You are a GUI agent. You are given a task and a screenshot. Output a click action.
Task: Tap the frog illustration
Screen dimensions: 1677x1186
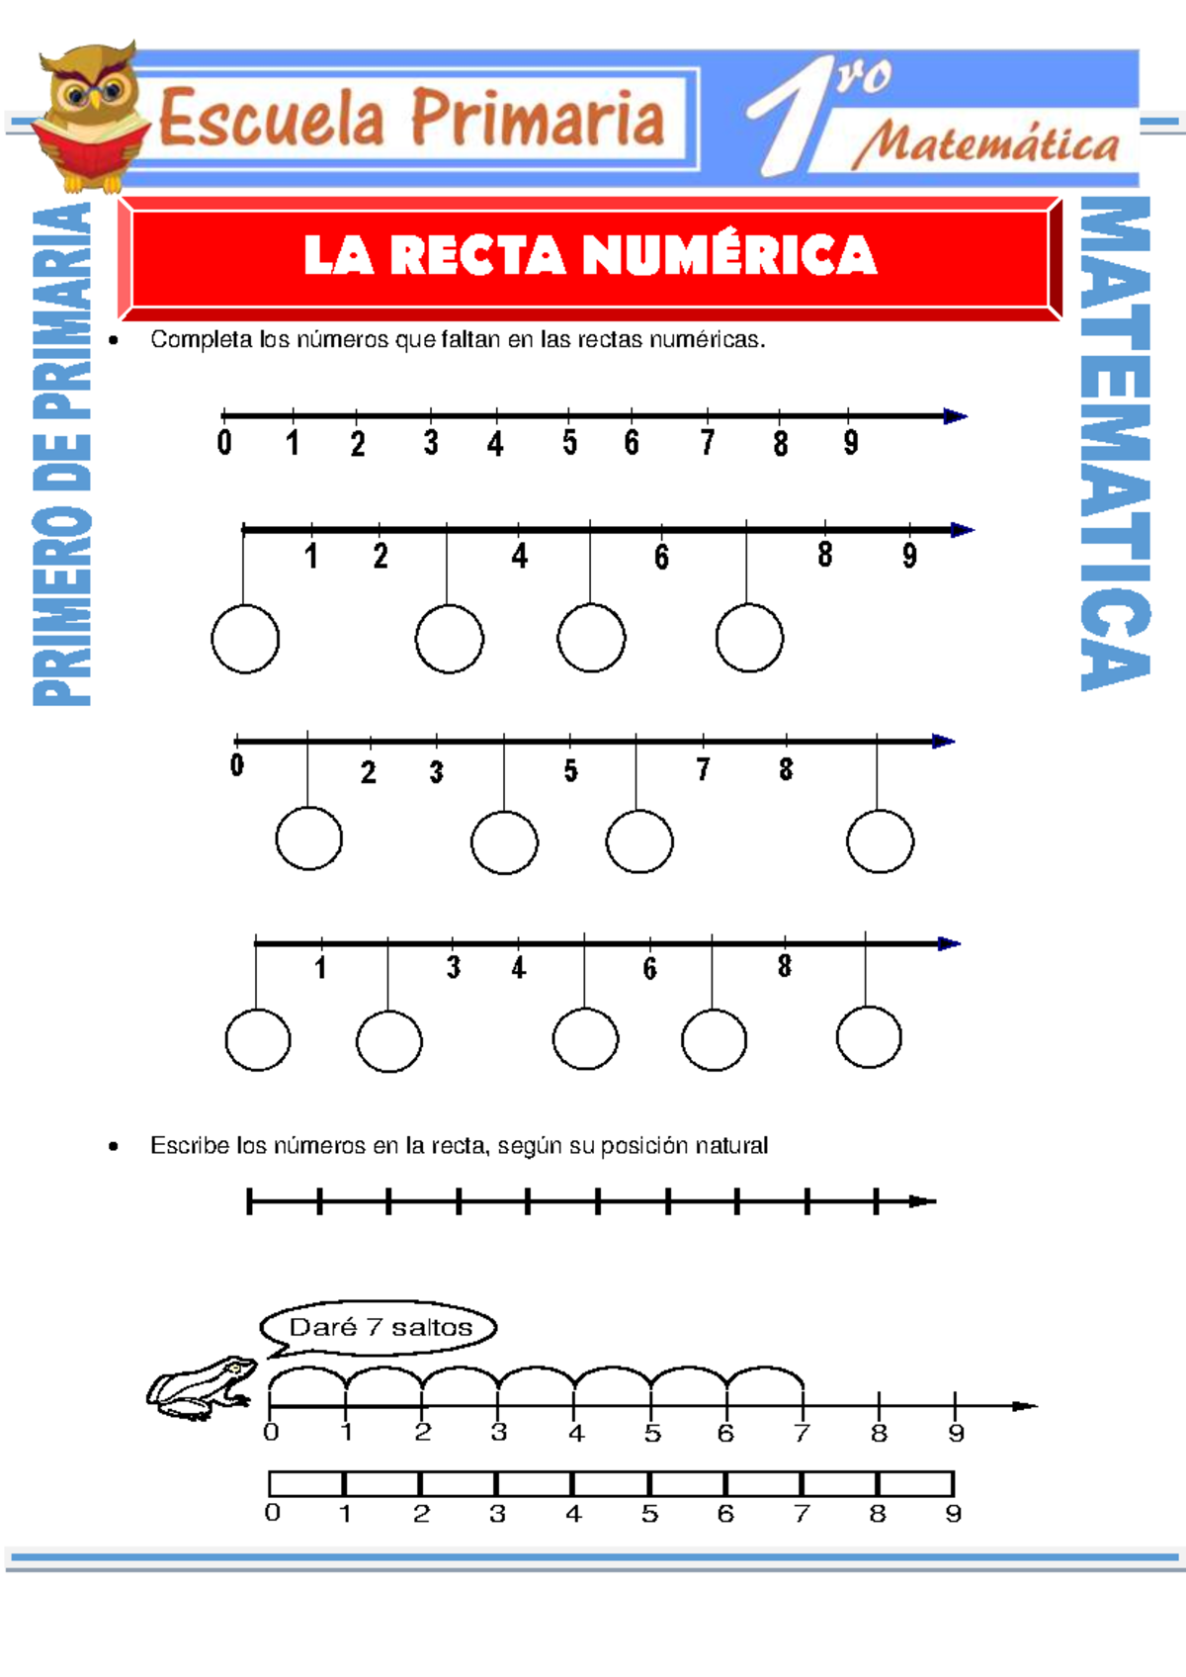pyautogui.click(x=202, y=1387)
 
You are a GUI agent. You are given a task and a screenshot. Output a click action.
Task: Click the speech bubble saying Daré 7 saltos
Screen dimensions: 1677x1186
pyautogui.click(x=380, y=1327)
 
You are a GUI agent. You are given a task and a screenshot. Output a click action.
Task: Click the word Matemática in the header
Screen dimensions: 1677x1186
pyautogui.click(x=986, y=144)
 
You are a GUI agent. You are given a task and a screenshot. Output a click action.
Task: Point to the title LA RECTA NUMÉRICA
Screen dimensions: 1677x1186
pyautogui.click(x=590, y=255)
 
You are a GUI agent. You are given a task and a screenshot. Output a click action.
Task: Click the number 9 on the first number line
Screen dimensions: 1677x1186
pyautogui.click(x=850, y=443)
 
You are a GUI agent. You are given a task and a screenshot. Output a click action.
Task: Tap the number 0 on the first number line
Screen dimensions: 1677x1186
pyautogui.click(x=224, y=442)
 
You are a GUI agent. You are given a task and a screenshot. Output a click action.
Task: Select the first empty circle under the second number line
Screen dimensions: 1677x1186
pyautogui.click(x=245, y=639)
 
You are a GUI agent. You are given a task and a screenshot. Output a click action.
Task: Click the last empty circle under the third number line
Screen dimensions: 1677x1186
pyautogui.click(x=880, y=841)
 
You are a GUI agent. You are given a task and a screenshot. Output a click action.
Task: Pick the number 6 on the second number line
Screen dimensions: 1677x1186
pyautogui.click(x=661, y=558)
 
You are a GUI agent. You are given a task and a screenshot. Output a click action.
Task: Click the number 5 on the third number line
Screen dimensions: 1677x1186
pyautogui.click(x=570, y=771)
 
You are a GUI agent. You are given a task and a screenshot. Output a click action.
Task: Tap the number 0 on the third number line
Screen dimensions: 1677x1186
pyautogui.click(x=237, y=765)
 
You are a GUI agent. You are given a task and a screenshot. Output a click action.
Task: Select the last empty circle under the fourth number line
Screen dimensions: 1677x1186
pyautogui.click(x=869, y=1037)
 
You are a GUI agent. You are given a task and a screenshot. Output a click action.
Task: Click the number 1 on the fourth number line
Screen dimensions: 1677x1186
pyautogui.click(x=320, y=968)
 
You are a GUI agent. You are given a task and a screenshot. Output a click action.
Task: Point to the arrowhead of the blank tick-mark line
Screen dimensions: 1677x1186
pyautogui.click(x=922, y=1201)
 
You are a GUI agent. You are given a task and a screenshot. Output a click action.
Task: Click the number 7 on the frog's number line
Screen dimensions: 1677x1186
pyautogui.click(x=802, y=1433)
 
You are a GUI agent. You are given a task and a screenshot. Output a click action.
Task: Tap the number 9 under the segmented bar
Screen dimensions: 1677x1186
pyautogui.click(x=953, y=1514)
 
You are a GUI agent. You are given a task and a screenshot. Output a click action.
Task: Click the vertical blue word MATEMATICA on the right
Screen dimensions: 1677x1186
pyautogui.click(x=1115, y=443)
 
